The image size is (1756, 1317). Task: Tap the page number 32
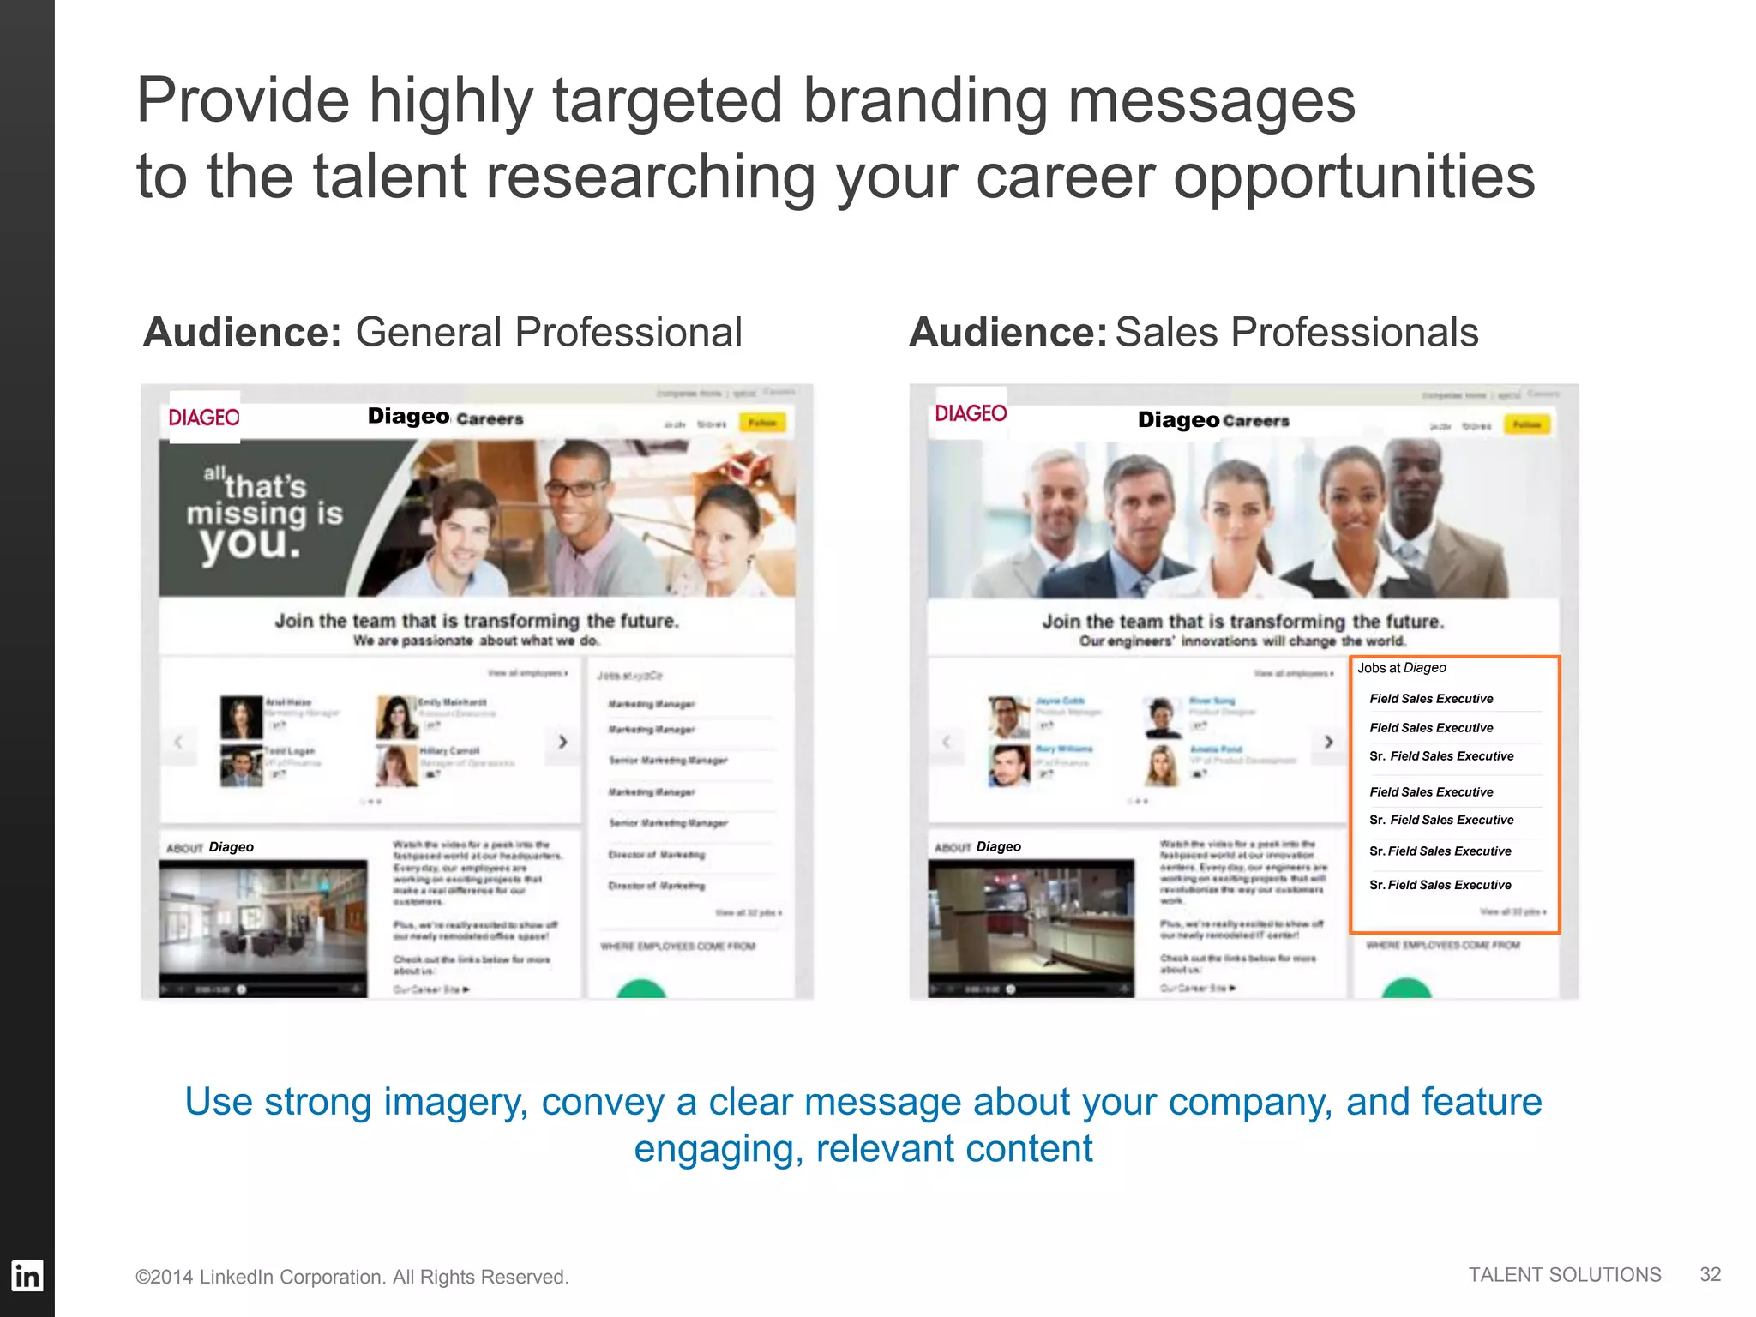coord(1710,1274)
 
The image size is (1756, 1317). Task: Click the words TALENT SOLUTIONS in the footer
coord(1564,1274)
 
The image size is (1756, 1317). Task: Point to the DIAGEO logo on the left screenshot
coord(204,418)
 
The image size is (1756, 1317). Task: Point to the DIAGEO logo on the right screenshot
coord(971,413)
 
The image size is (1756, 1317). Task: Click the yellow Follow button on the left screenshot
coord(761,423)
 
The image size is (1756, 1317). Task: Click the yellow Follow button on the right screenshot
coord(1526,424)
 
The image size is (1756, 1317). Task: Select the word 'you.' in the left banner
coord(250,543)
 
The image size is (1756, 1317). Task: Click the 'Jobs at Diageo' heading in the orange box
coord(1401,668)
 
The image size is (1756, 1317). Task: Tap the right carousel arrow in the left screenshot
coord(562,742)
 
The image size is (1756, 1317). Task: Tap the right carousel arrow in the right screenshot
coord(1328,742)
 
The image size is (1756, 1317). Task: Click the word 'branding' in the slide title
coord(924,100)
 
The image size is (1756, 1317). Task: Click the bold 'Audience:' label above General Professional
coord(243,332)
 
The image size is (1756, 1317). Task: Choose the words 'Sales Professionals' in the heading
coord(1296,332)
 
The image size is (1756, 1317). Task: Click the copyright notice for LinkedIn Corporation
coord(352,1277)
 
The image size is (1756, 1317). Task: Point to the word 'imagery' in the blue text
coord(454,1102)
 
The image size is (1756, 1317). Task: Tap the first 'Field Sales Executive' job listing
coord(1431,699)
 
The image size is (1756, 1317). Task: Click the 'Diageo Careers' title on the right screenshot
coord(1212,420)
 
